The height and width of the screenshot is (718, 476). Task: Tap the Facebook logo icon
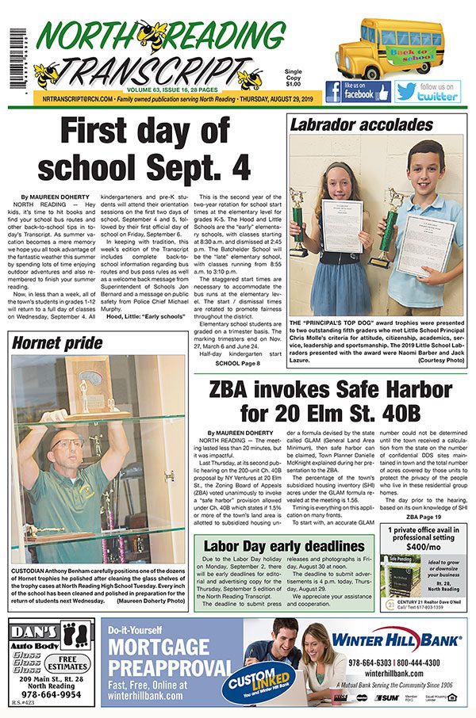click(333, 91)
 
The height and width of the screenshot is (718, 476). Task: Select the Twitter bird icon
click(405, 91)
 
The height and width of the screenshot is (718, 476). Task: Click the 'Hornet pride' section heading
click(58, 343)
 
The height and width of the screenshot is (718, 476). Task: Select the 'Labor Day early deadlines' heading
click(284, 546)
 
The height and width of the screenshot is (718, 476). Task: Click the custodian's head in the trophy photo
click(68, 444)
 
